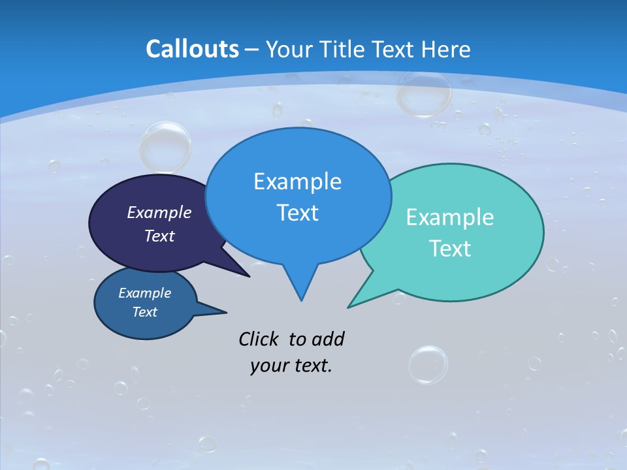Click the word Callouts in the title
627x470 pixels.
(192, 50)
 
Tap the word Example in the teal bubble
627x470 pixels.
(450, 217)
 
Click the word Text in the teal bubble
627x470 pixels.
(450, 249)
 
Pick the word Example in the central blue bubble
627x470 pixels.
(297, 181)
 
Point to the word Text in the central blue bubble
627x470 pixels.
(297, 213)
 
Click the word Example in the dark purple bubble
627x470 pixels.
(159, 213)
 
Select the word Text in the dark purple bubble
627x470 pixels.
(159, 236)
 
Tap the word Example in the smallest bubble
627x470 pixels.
(144, 293)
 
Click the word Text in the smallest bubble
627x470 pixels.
(144, 312)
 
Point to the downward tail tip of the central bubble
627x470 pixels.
(301, 300)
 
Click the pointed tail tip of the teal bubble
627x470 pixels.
(349, 307)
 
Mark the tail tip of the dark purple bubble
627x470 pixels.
(249, 276)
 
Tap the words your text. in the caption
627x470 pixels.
(291, 366)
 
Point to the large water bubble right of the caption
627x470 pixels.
(428, 364)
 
